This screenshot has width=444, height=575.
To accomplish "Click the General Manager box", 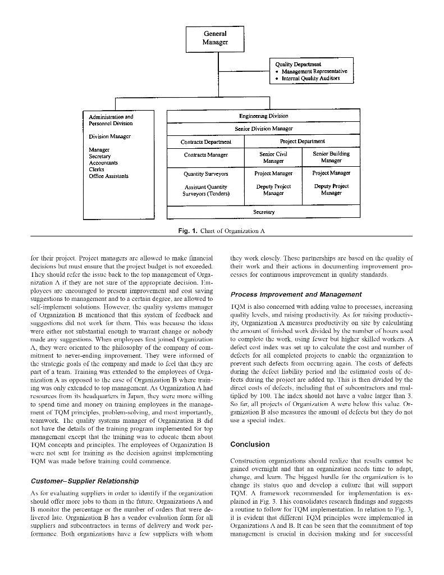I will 216,38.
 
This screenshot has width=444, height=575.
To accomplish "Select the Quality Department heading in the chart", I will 298,65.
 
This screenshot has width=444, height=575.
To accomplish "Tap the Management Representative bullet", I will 314,72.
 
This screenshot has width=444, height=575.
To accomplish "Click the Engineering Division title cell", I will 263,116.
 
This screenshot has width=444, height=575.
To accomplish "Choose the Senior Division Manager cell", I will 263,129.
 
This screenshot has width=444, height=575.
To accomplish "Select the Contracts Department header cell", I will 205,142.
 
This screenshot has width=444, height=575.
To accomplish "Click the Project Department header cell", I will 302,142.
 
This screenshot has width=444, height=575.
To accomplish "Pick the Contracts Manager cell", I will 205,155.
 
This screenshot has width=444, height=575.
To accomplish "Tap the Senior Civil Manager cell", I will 273,157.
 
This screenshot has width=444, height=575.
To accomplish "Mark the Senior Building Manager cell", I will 331,157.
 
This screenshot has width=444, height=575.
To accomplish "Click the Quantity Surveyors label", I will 205,174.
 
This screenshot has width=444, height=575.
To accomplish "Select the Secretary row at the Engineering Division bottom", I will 263,212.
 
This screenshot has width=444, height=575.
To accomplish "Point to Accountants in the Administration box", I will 103,163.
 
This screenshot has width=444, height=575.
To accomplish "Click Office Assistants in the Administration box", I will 108,176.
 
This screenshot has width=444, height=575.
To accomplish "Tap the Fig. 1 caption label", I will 187,231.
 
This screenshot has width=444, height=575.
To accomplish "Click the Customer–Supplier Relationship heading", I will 85,481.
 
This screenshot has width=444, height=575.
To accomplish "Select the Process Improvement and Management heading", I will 296,294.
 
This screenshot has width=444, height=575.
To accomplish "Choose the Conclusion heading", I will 250,444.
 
